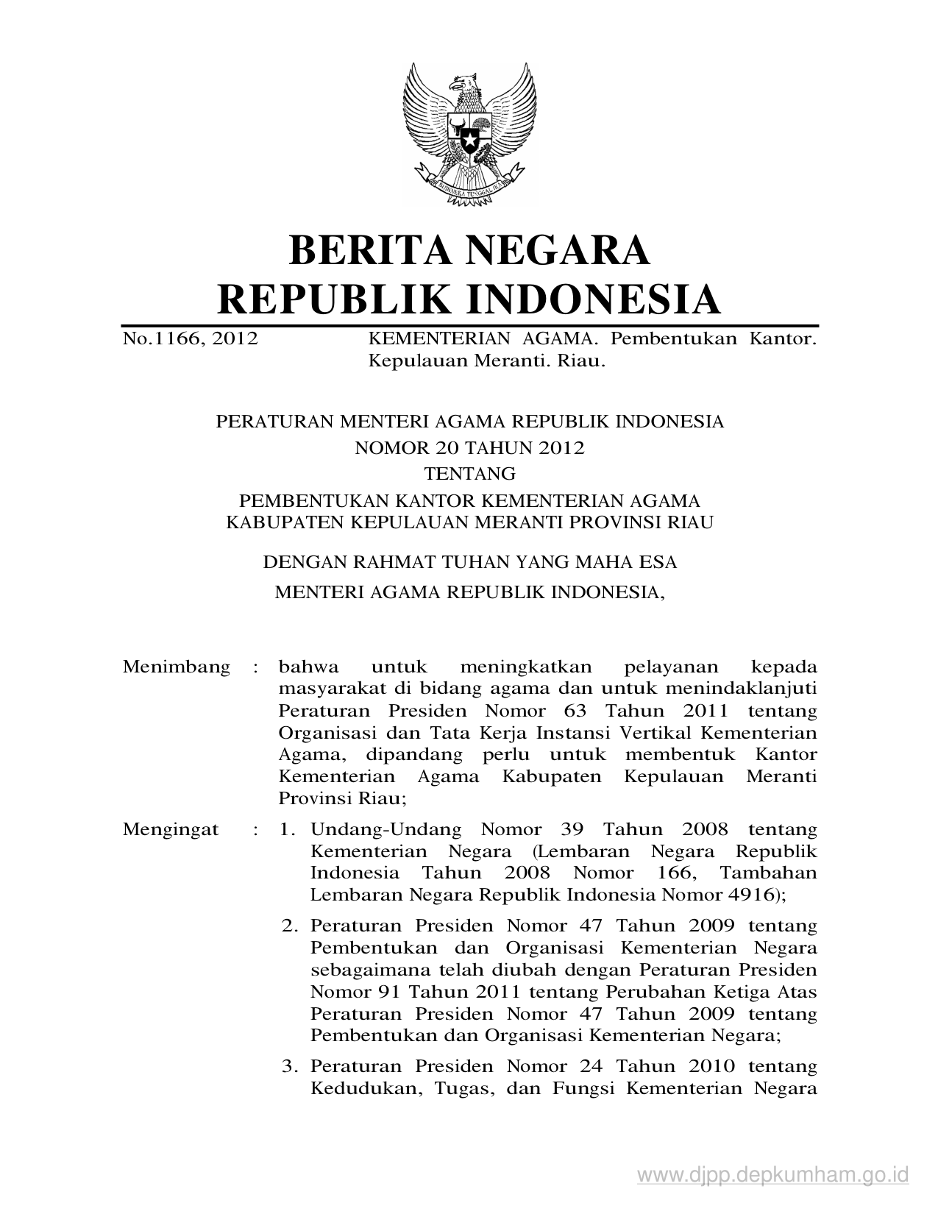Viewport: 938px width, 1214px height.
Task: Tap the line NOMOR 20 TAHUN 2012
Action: [x=469, y=448]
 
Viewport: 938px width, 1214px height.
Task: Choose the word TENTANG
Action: [x=469, y=473]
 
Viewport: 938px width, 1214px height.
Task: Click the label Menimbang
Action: [x=176, y=667]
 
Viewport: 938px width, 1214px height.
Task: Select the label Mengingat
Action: [x=171, y=829]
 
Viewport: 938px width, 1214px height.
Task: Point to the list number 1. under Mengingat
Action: [x=288, y=829]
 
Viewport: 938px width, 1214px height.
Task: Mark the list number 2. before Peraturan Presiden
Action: [x=288, y=925]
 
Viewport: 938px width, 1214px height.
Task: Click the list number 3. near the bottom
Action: [x=288, y=1066]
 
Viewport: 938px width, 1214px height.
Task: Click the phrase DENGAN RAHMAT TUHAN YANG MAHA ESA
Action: [x=469, y=562]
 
